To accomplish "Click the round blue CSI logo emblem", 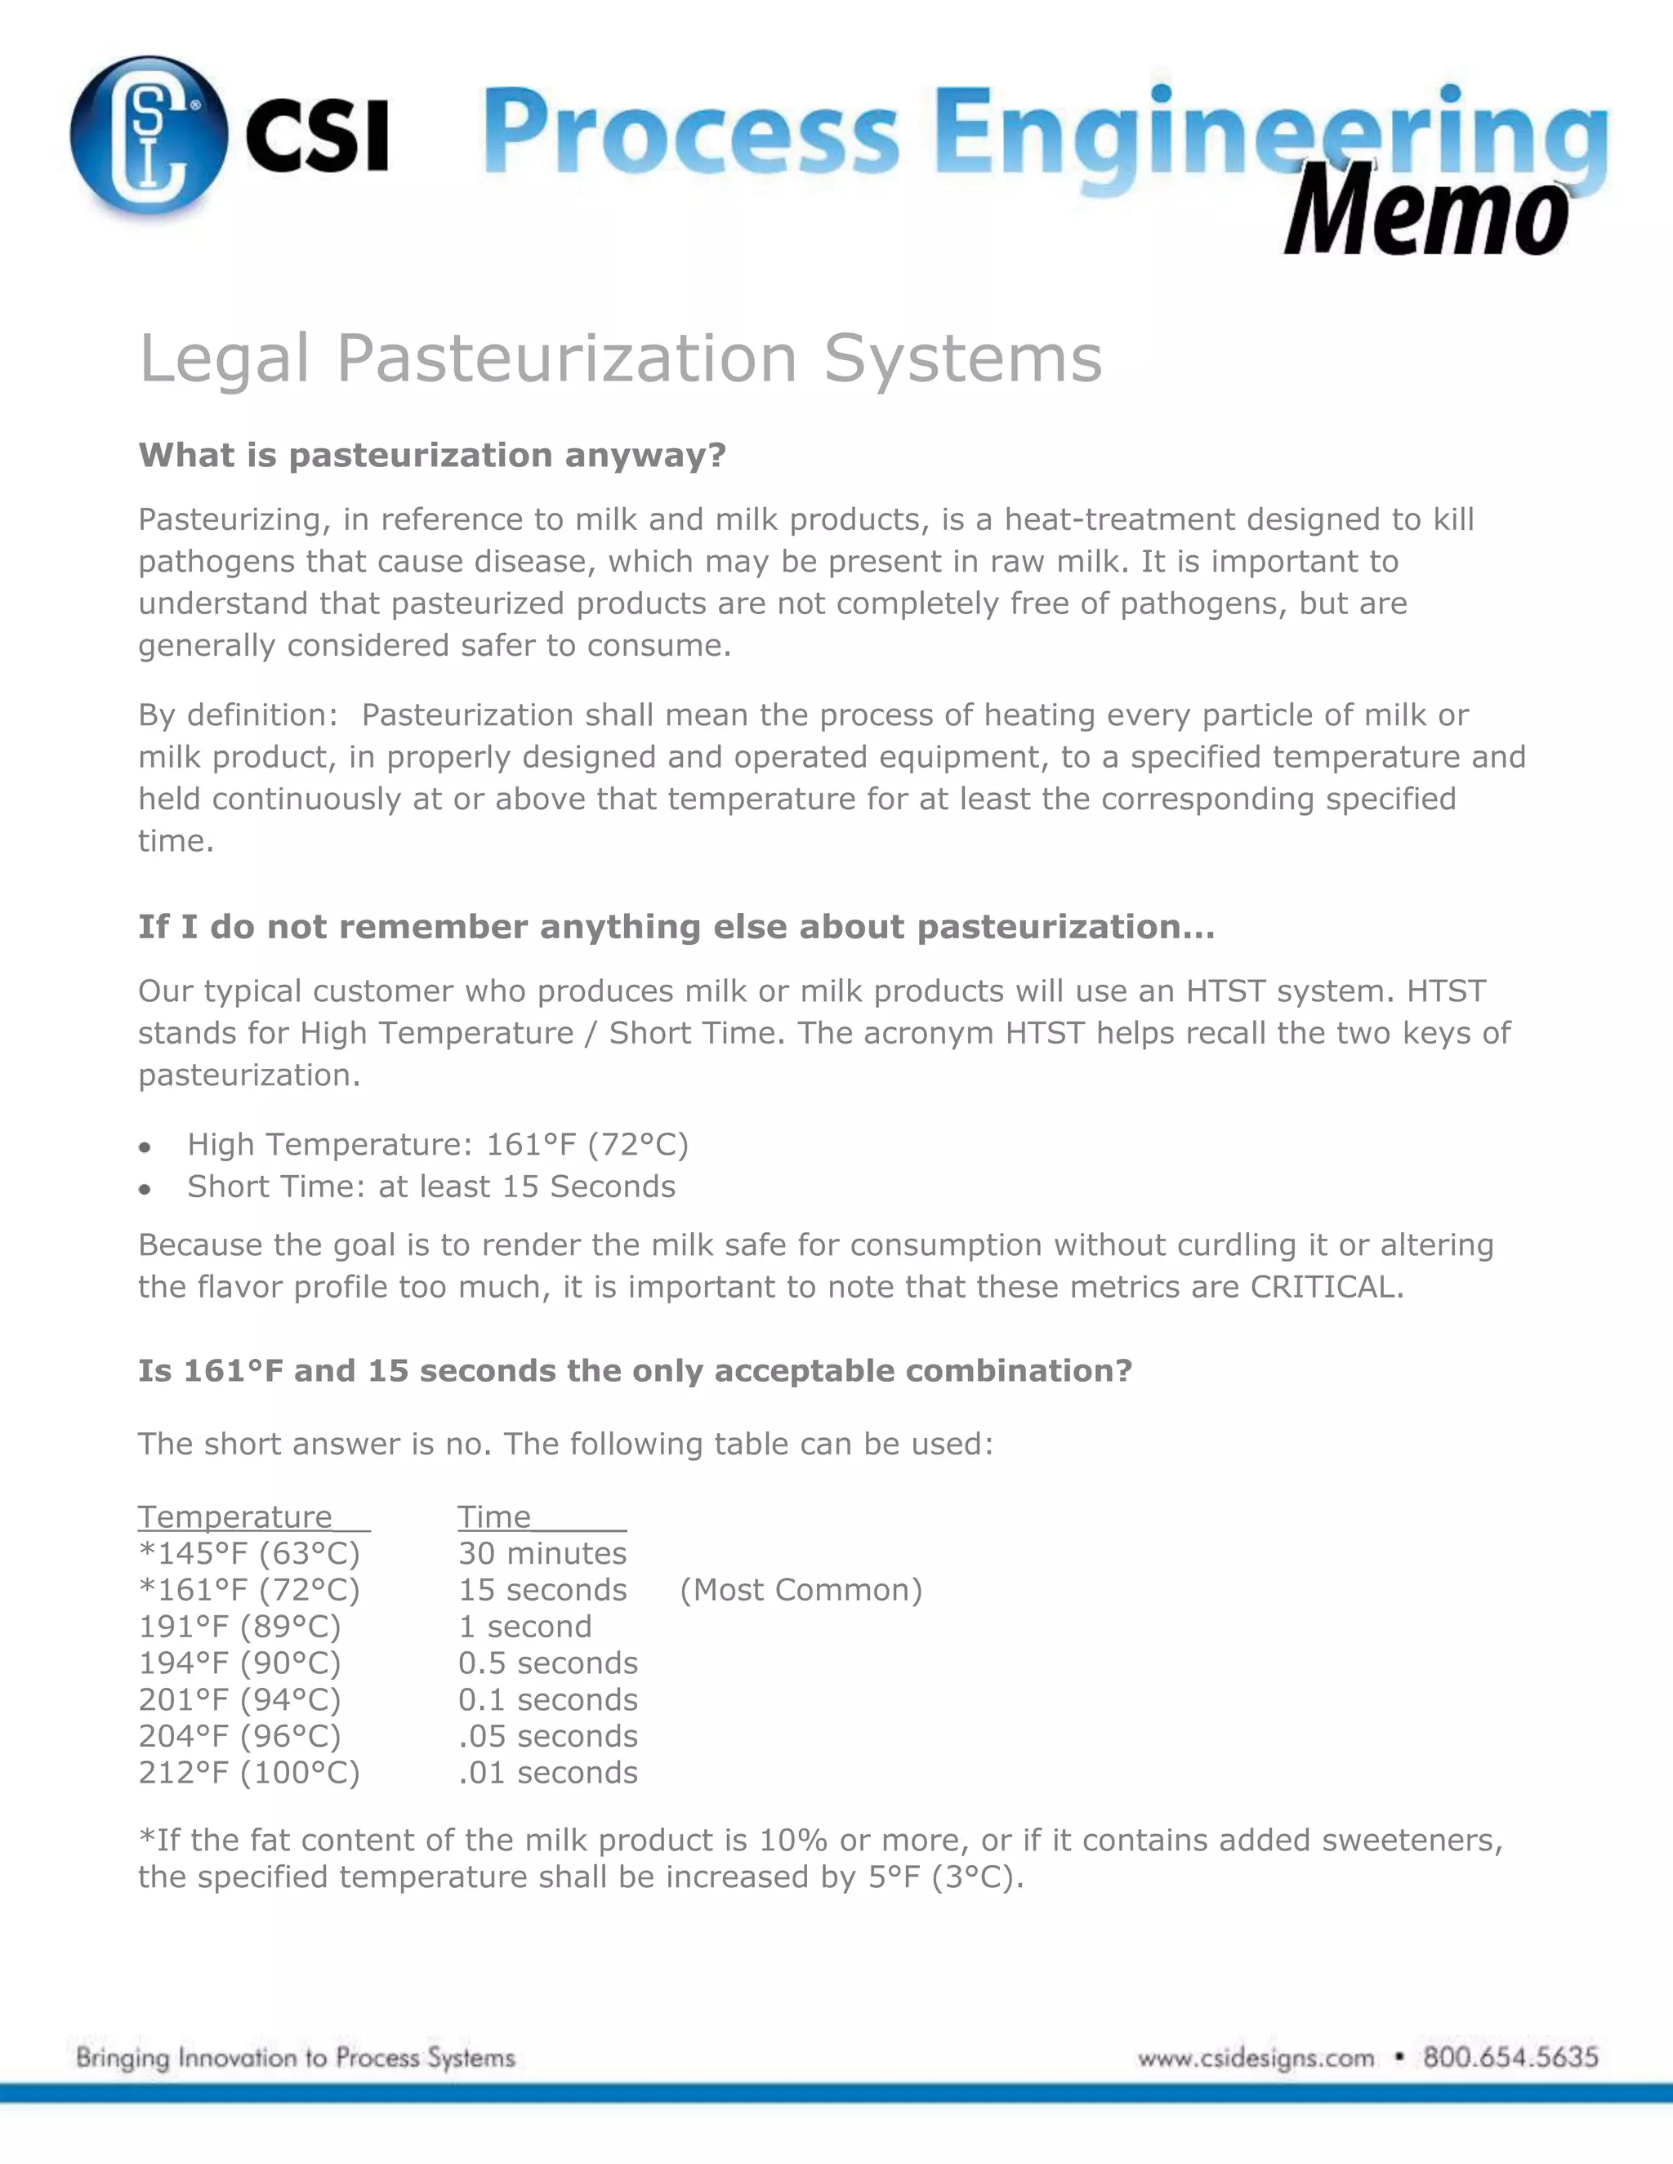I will coord(149,136).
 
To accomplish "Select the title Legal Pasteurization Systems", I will coord(621,358).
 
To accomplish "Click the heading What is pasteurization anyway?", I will coord(432,455).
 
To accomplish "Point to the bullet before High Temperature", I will coord(145,1147).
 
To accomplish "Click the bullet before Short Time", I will coord(145,1189).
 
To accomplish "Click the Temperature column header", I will coord(236,1517).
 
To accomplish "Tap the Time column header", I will coord(494,1517).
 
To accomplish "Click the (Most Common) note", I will coord(801,1590).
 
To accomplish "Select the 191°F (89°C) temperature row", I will coord(240,1627).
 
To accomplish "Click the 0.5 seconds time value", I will coord(547,1663).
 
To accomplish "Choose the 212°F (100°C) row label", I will coord(249,1773).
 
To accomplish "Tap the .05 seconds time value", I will coord(547,1736).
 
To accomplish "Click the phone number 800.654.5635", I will coord(1510,2058).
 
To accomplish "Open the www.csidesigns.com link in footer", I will coord(1256,2059).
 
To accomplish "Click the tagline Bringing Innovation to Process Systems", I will coord(296,2058).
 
